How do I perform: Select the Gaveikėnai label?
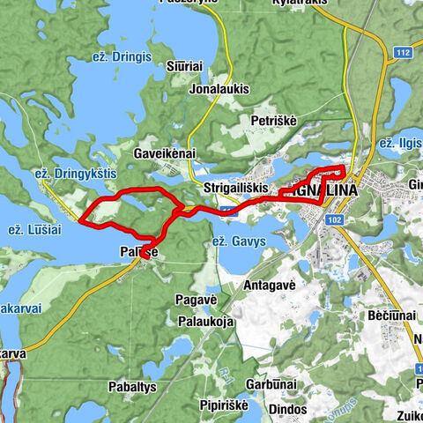[164, 152]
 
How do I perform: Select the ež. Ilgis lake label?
[399, 143]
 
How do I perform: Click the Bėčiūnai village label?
[389, 315]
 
